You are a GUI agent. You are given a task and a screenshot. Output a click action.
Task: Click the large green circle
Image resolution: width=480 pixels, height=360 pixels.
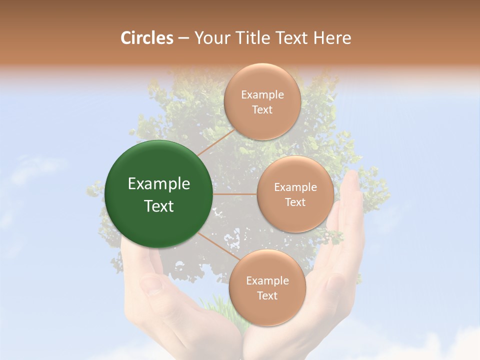[158, 194]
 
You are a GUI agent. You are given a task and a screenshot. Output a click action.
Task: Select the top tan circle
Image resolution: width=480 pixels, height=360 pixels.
[261, 101]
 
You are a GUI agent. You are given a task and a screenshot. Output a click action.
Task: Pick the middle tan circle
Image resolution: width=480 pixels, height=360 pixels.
[295, 194]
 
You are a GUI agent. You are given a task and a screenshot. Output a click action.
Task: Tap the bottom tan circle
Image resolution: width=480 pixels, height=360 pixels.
[267, 287]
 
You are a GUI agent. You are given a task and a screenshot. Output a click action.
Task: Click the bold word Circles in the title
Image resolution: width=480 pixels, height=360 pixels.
[147, 38]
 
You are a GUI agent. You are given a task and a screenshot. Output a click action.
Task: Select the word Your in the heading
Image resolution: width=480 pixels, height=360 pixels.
[210, 38]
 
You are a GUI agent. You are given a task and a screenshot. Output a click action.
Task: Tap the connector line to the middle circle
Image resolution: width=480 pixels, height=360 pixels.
[234, 194]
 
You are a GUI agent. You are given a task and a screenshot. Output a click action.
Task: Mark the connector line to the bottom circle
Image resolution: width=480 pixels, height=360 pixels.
[215, 246]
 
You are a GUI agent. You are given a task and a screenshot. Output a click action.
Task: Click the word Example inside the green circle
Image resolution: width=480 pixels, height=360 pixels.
[158, 184]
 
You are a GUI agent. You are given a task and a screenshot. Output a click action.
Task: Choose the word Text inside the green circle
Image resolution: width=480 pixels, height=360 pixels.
[158, 206]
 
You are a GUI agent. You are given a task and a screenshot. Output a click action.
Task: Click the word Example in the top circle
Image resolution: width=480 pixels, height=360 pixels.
[262, 94]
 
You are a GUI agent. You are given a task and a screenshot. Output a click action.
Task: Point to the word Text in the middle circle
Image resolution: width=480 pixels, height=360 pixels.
[295, 202]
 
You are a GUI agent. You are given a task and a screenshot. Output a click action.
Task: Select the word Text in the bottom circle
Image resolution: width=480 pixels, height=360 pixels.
[267, 295]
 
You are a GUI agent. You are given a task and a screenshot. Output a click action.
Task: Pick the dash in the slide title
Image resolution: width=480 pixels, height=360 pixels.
[183, 38]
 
